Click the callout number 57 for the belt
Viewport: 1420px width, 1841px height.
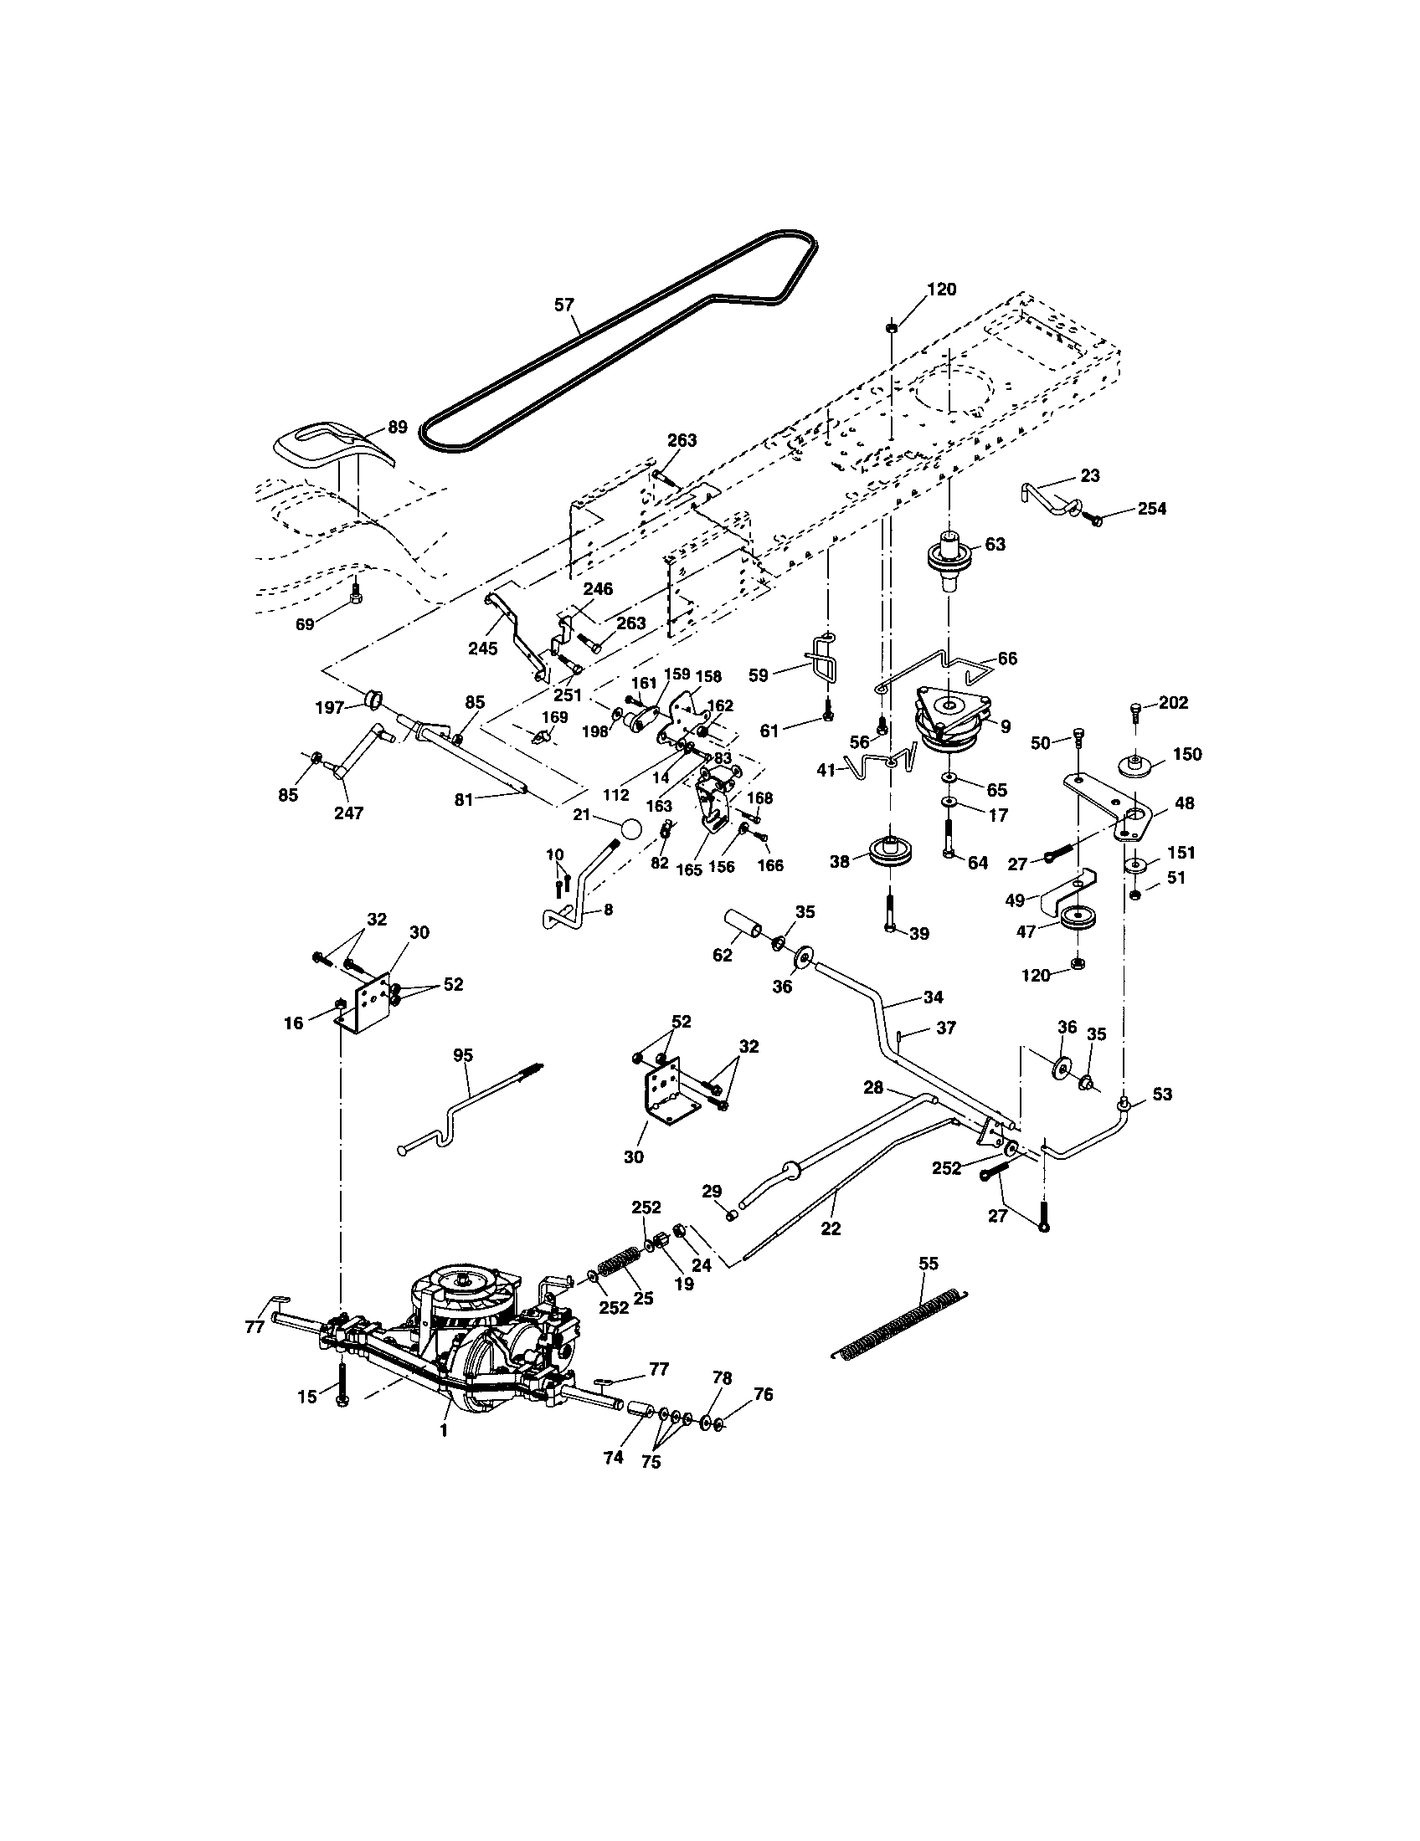pyautogui.click(x=563, y=305)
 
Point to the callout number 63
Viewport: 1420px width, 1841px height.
pyautogui.click(x=995, y=545)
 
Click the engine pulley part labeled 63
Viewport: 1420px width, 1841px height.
pyautogui.click(x=949, y=560)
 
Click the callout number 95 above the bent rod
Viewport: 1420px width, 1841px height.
pyautogui.click(x=463, y=1054)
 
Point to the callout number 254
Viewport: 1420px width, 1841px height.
pyautogui.click(x=1151, y=508)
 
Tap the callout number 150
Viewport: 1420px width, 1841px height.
pyautogui.click(x=1186, y=754)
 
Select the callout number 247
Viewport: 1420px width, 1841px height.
pyautogui.click(x=349, y=813)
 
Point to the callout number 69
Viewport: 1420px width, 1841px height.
pyautogui.click(x=305, y=623)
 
